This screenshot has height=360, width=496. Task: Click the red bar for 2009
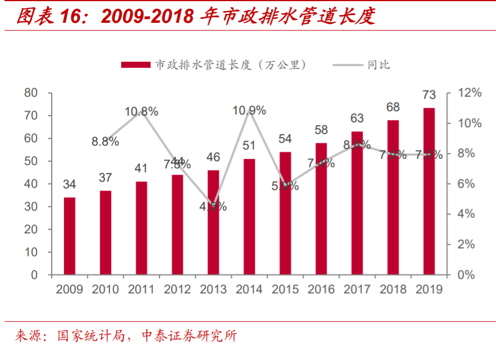(x=69, y=236)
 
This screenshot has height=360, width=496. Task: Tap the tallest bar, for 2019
(x=429, y=191)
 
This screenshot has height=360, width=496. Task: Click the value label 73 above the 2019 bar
(x=429, y=95)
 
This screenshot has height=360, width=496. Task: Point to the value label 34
(x=69, y=184)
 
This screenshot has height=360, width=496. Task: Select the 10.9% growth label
(x=249, y=111)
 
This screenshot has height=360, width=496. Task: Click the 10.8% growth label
(x=141, y=112)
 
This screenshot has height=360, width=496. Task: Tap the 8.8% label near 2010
(x=106, y=141)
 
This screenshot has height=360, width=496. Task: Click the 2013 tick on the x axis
(x=213, y=289)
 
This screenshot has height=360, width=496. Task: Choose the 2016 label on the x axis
(x=321, y=289)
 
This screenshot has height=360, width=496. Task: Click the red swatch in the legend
(x=136, y=65)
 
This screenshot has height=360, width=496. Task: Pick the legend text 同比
(x=379, y=65)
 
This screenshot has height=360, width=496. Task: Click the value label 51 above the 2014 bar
(x=249, y=146)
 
